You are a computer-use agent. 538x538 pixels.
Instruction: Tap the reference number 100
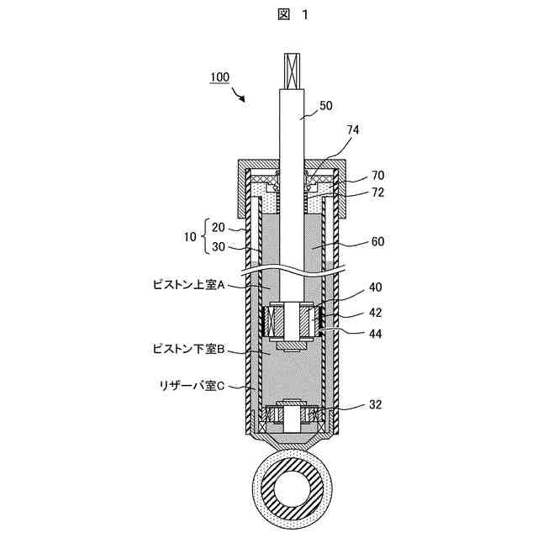pyautogui.click(x=219, y=77)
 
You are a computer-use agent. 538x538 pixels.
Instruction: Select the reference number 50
pyautogui.click(x=326, y=106)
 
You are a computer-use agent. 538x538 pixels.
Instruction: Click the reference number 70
pyautogui.click(x=378, y=177)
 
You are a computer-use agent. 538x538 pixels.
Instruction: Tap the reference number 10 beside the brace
pyautogui.click(x=189, y=238)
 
